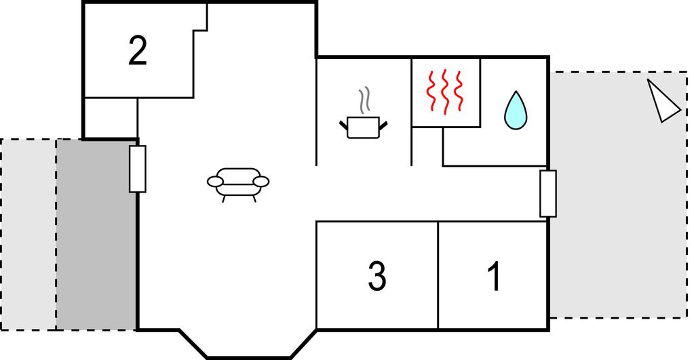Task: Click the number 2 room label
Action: (137, 52)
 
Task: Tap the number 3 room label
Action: (377, 276)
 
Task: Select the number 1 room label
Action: (495, 276)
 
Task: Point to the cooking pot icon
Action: (364, 127)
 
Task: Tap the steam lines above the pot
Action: (364, 100)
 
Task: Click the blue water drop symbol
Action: (516, 111)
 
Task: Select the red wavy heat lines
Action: (444, 92)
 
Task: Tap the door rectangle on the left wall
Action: (137, 169)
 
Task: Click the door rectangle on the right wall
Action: (548, 194)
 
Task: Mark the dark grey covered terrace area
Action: (96, 235)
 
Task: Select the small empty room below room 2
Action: (111, 118)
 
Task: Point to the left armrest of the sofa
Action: (216, 182)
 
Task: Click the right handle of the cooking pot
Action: (383, 125)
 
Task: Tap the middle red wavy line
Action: (445, 92)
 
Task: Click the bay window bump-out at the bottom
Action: (248, 344)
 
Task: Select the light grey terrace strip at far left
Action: (28, 235)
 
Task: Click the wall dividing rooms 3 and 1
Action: (438, 275)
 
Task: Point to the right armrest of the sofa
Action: (261, 182)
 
